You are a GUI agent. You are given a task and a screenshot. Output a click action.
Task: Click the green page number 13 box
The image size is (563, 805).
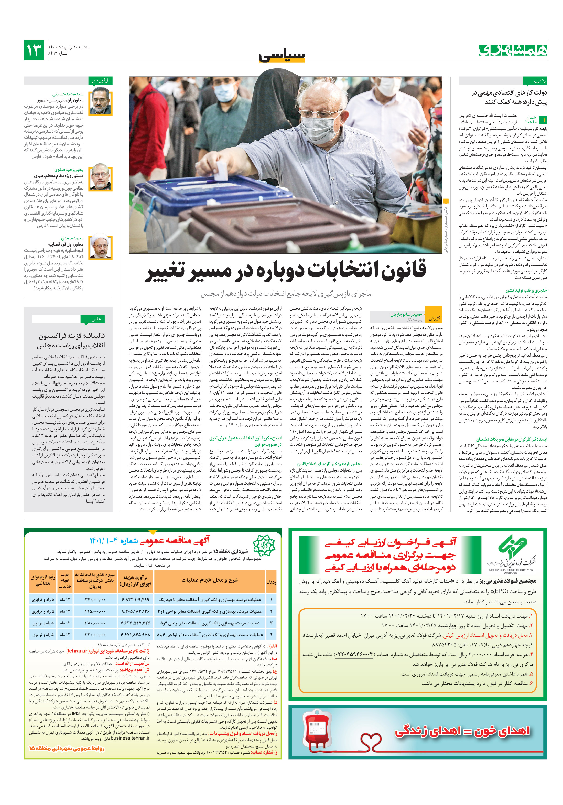(34, 50)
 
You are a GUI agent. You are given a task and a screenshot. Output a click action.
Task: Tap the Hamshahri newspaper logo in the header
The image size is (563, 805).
(513, 50)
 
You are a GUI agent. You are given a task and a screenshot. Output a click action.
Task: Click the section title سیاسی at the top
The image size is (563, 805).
(282, 55)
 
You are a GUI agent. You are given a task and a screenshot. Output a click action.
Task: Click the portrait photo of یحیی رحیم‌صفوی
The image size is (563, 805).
(101, 178)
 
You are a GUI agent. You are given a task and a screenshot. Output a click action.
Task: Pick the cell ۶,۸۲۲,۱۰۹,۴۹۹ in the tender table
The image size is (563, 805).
(135, 600)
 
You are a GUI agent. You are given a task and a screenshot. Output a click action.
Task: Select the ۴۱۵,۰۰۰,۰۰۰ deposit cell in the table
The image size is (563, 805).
(95, 611)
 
